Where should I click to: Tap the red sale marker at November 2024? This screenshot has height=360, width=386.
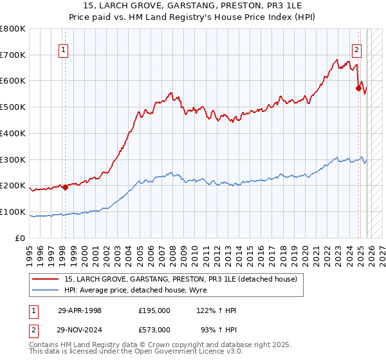point(358,88)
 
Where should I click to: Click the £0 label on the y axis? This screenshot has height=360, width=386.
point(21,239)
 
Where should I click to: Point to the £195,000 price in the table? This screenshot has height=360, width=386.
point(154,310)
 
